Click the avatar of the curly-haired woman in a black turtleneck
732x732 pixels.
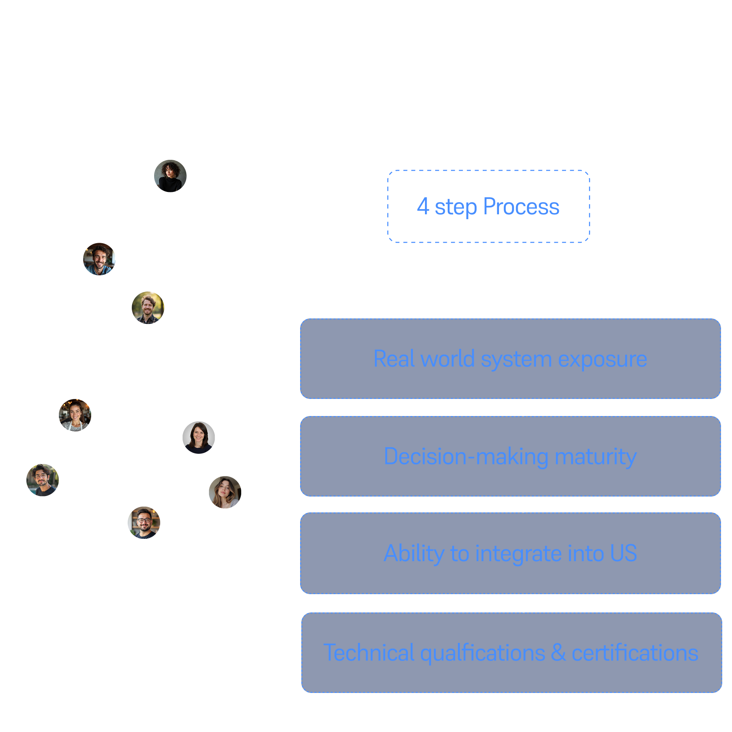click(170, 176)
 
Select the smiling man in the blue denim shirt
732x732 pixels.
click(99, 259)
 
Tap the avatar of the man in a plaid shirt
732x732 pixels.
click(148, 308)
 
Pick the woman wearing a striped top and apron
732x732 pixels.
click(75, 415)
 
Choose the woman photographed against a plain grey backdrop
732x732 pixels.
click(199, 438)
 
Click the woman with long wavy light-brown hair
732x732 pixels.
click(225, 492)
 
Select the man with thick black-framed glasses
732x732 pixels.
click(144, 523)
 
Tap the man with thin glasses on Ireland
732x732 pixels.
click(43, 480)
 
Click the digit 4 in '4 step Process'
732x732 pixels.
click(423, 206)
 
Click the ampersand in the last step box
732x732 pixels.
click(558, 653)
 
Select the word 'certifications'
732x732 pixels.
click(635, 653)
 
